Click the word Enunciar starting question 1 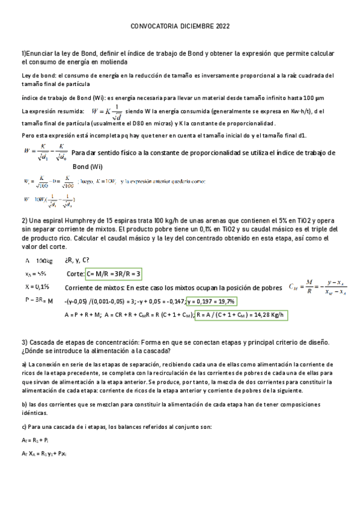pos(43,54)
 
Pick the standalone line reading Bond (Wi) pos(88,166)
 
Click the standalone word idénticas pos(35,413)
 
